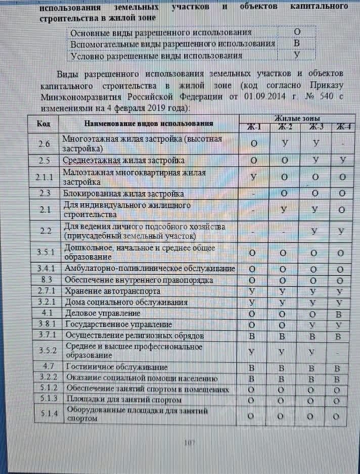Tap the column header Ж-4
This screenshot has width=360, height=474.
pos(343,127)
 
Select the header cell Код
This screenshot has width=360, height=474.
pos(44,123)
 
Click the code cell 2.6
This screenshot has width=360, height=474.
pos(44,144)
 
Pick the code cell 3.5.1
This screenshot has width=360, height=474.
pos(46,252)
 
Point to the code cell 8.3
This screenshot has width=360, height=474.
pos(46,280)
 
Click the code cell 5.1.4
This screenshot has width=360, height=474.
pos(46,415)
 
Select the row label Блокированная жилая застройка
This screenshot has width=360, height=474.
pos(123,194)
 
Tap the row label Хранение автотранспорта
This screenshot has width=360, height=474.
pos(112,291)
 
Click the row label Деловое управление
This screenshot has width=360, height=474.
pos(99,313)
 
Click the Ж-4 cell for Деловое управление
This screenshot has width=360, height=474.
pos(342,314)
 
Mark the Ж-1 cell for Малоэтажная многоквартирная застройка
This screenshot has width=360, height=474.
pos(253,177)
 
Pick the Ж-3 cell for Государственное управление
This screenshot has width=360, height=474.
pos(314,324)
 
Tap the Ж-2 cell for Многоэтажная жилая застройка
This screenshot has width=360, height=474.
pos(285,144)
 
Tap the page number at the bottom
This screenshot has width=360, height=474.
pos(190,443)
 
